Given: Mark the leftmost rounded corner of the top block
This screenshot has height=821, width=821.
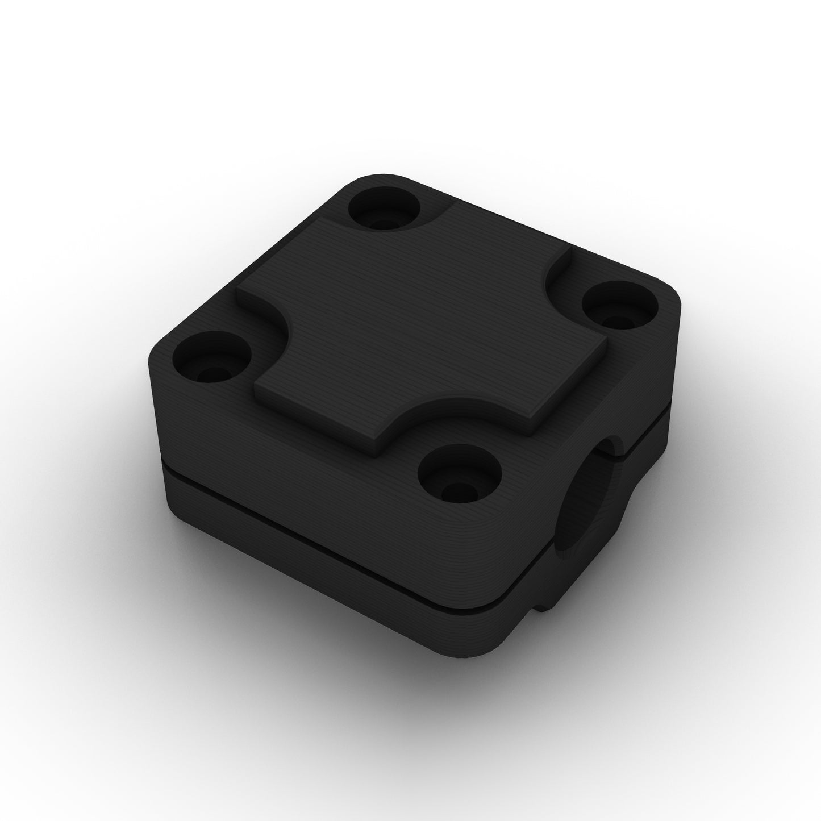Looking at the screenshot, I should click(156, 369).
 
